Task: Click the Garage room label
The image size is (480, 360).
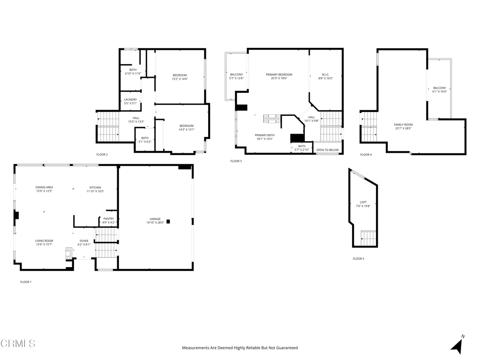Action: (155, 219)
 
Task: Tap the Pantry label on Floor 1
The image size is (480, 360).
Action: (108, 218)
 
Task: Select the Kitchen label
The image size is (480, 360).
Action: (95, 187)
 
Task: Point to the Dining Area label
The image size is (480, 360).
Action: (44, 187)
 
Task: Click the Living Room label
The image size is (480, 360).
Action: (44, 241)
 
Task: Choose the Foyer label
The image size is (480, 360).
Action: (83, 241)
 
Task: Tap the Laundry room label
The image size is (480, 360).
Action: (130, 99)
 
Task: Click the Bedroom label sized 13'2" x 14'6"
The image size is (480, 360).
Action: (180, 75)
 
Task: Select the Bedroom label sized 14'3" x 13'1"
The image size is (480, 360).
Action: (187, 126)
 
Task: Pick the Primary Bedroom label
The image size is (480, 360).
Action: (279, 75)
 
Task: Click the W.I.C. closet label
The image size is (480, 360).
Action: (326, 75)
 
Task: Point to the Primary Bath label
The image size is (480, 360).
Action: (265, 135)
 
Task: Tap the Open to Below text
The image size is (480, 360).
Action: (328, 150)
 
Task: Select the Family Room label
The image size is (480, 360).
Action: (403, 125)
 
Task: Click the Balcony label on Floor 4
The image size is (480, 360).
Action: (440, 88)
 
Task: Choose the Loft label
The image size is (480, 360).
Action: (363, 202)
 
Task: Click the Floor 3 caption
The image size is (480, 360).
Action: (236, 161)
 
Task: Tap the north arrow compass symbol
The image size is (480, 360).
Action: (457, 345)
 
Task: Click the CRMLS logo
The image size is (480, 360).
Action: (18, 344)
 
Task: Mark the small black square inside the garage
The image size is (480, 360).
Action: (168, 221)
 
